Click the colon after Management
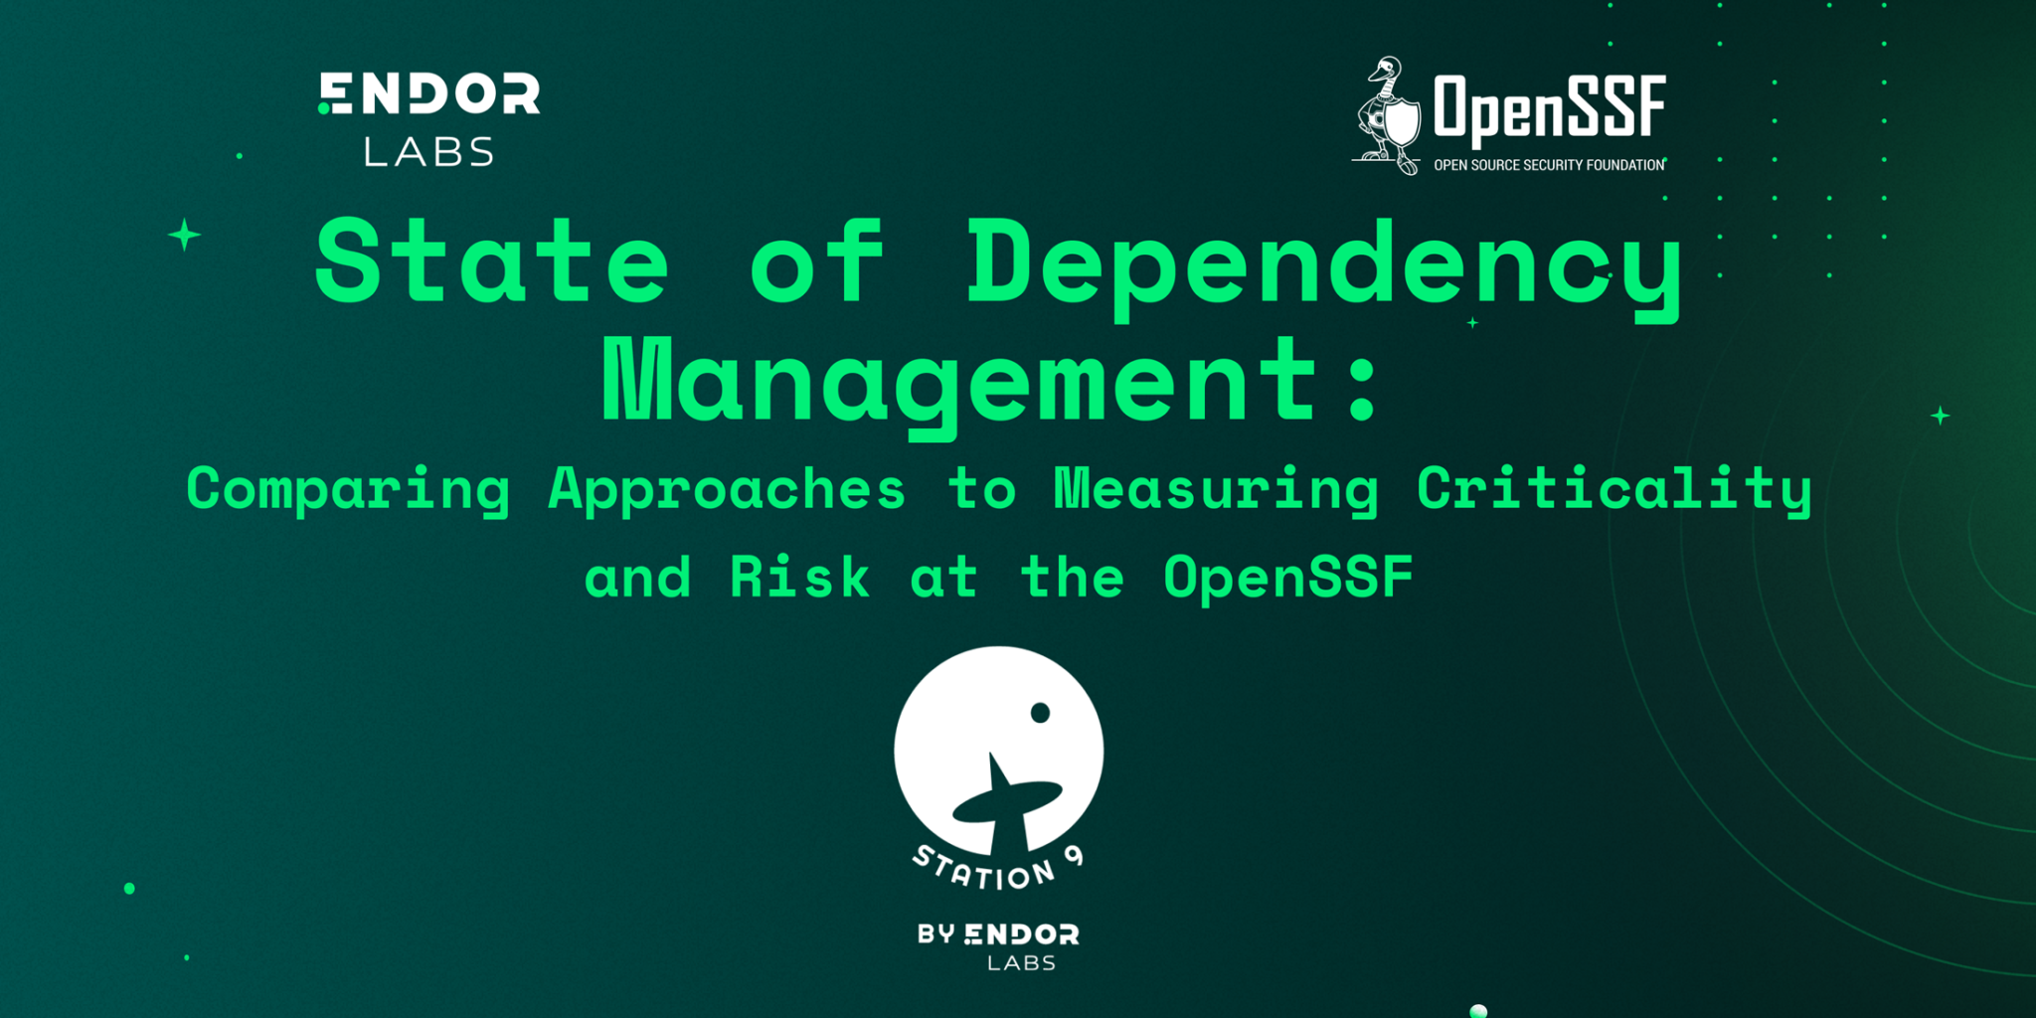1362,388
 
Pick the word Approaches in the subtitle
728,488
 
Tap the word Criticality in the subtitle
1614,490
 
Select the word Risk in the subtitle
800,577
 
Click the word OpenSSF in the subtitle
1288,577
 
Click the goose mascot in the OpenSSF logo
1388,115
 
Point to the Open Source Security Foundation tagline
1550,165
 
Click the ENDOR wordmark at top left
429,93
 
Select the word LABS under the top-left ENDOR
429,152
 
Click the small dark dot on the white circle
1040,712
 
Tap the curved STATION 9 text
997,868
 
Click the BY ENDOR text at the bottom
998,934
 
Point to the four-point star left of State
184,235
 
